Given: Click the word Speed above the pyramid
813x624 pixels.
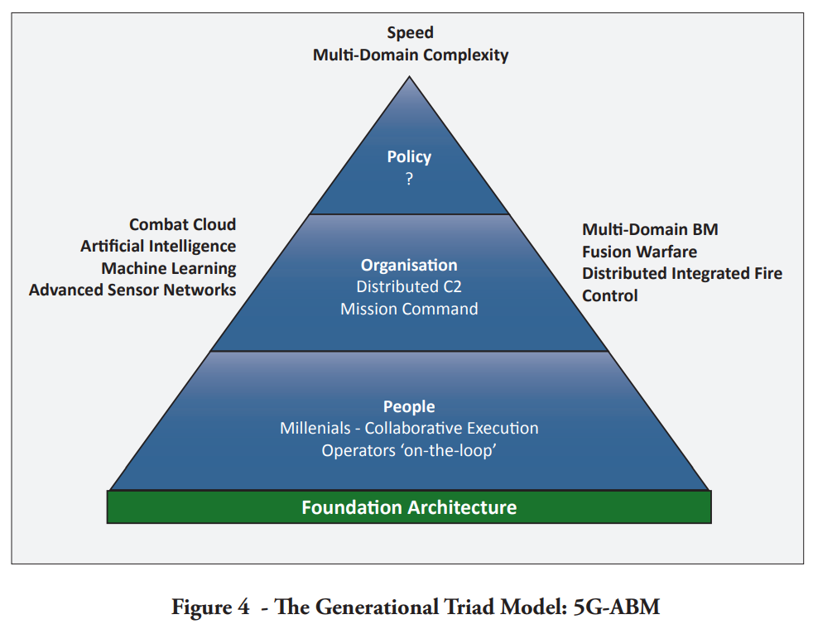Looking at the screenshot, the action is pos(410,32).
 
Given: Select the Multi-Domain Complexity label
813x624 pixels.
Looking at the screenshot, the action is pos(411,55).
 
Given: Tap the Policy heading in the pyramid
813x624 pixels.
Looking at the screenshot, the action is pos(409,156).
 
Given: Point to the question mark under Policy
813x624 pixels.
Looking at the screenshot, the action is pos(409,179).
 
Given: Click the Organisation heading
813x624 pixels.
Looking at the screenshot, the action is pos(409,265).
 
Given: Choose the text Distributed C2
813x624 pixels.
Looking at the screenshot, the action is pos(409,286).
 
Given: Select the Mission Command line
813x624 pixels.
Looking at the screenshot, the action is pos(409,309).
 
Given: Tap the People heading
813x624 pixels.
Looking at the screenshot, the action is pos(409,406).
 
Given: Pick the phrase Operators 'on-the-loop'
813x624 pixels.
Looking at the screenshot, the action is pos(409,450).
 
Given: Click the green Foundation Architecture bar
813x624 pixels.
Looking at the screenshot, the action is pos(409,506).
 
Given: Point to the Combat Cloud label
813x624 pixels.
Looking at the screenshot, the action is pos(182,224).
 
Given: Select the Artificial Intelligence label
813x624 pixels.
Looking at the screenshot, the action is pos(158,246).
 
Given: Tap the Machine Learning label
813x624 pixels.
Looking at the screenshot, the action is pos(169,268).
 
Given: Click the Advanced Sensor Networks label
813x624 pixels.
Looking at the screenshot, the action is pos(132,290).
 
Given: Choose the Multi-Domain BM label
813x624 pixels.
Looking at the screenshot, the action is pos(650,229).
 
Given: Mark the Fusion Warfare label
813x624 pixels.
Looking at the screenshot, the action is pos(639,252).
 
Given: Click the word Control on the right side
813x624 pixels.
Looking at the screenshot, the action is pos(609,295).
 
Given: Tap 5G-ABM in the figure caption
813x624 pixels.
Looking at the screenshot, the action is pos(617,607).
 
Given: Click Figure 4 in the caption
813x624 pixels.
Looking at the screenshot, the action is pos(210,607).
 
